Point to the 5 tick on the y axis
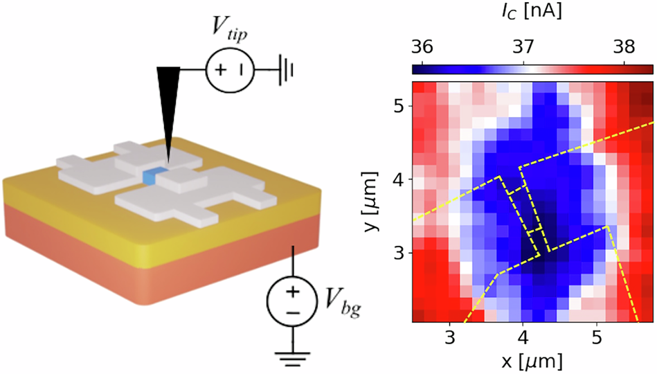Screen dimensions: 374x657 398,106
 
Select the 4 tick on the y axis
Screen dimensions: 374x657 398,179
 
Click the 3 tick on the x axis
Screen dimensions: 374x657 450,338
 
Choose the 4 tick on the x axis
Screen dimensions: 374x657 523,338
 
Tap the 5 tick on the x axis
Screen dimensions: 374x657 597,338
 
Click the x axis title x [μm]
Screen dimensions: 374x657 532,361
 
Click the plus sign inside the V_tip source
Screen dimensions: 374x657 220,70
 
